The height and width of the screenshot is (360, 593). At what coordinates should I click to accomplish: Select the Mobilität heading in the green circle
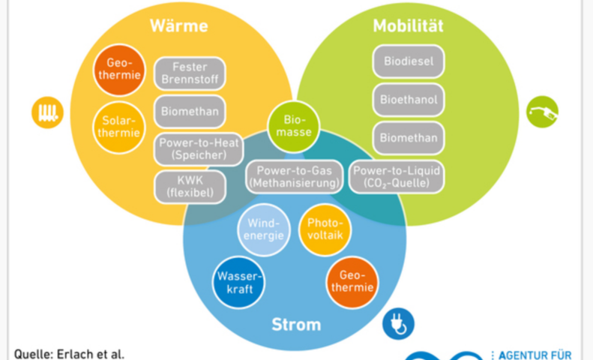coord(408,27)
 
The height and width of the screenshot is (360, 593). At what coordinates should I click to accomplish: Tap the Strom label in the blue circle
coord(296,325)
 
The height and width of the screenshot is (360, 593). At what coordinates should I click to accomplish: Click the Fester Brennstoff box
coord(190,73)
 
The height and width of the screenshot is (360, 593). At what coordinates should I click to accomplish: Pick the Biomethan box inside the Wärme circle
coord(190,111)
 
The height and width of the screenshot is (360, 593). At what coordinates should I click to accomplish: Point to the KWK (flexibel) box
coord(190,186)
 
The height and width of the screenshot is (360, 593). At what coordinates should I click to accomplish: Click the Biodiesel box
coord(409,61)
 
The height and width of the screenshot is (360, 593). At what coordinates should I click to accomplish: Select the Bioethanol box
coord(409,99)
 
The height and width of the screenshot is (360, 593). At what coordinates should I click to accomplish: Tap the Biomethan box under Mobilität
coord(409,137)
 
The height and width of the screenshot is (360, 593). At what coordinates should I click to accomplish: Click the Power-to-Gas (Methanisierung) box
coord(294,176)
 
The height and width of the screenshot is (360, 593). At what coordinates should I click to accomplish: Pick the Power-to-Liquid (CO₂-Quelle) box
coord(397,176)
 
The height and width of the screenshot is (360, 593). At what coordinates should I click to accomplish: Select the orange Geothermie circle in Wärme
coord(118,70)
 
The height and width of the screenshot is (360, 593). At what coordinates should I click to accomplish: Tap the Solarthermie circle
coord(118,127)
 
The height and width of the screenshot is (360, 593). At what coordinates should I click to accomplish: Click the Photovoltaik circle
coord(324,229)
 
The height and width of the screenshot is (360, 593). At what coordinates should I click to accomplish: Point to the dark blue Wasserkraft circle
coord(238,282)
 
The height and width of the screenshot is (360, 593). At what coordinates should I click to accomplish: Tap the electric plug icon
coord(397,324)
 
